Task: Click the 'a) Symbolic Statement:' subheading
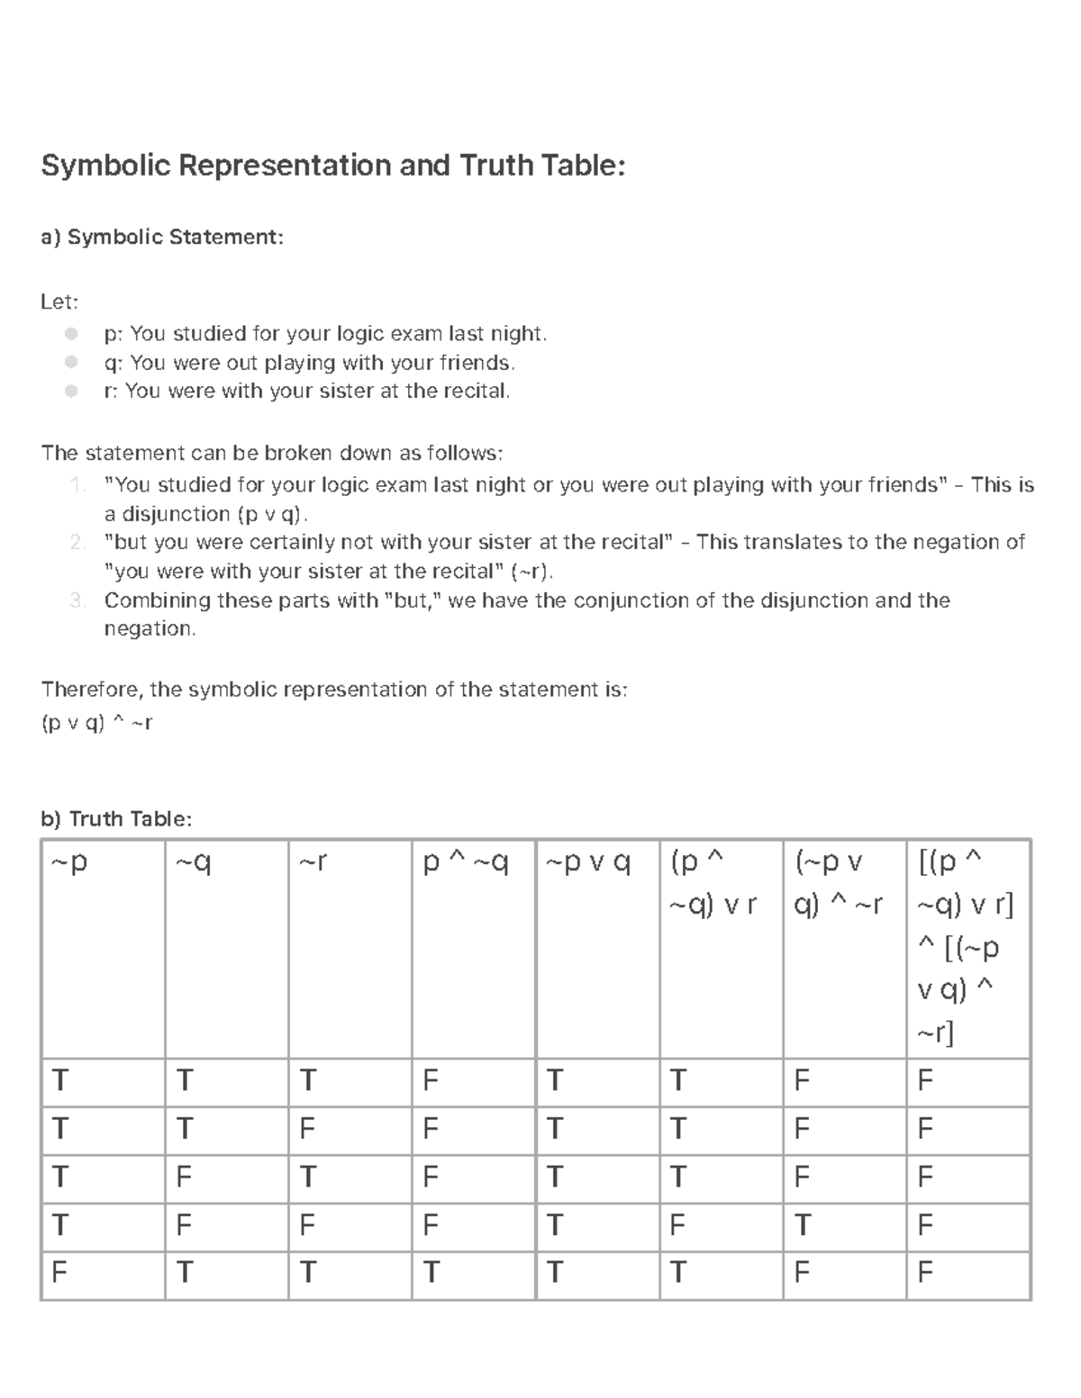pyautogui.click(x=162, y=237)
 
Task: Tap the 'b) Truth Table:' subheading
pyautogui.click(x=116, y=818)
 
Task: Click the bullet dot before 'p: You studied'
pyautogui.click(x=71, y=334)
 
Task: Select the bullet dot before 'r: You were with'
pyautogui.click(x=71, y=391)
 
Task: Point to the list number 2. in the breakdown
pyautogui.click(x=77, y=542)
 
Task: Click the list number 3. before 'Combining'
pyautogui.click(x=77, y=600)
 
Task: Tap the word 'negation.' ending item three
pyautogui.click(x=150, y=629)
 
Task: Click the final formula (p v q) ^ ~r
pyautogui.click(x=97, y=722)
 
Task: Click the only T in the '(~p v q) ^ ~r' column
pyautogui.click(x=802, y=1225)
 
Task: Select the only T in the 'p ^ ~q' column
pyautogui.click(x=431, y=1273)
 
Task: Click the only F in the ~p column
pyautogui.click(x=59, y=1273)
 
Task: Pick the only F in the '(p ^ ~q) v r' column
pyautogui.click(x=677, y=1225)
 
